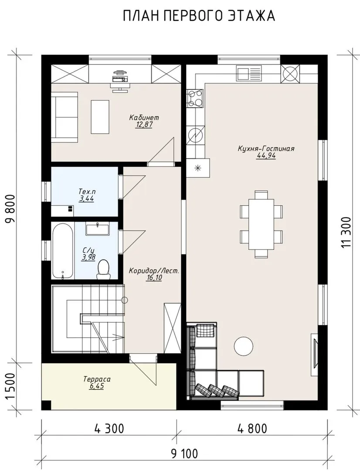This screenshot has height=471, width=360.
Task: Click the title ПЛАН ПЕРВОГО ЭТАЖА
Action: pyautogui.click(x=199, y=16)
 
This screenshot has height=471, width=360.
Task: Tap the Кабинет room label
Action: pyautogui.click(x=144, y=117)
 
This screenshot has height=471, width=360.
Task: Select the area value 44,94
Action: pyautogui.click(x=266, y=156)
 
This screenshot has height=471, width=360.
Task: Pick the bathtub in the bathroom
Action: pyautogui.click(x=62, y=251)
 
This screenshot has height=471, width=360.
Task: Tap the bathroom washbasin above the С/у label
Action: pyautogui.click(x=98, y=229)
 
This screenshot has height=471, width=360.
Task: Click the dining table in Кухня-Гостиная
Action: pyautogui.click(x=261, y=224)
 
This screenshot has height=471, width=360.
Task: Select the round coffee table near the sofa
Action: pyautogui.click(x=244, y=345)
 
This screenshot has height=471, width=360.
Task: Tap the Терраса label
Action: pyautogui.click(x=97, y=379)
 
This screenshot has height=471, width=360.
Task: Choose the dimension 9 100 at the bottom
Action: pyautogui.click(x=184, y=454)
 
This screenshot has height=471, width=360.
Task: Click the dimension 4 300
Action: pyautogui.click(x=109, y=428)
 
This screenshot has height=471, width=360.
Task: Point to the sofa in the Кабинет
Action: pyautogui.click(x=65, y=117)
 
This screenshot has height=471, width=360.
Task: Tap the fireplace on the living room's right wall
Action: pyautogui.click(x=314, y=354)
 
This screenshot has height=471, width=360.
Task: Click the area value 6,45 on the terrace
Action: pyautogui.click(x=96, y=386)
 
